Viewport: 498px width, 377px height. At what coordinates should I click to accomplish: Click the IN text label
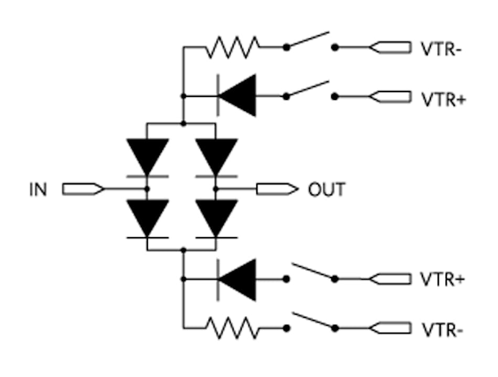point(38,189)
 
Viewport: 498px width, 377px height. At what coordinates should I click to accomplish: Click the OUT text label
point(327,189)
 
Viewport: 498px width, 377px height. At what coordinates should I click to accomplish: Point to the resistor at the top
point(232,47)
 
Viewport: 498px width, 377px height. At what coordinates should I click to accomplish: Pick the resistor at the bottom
point(232,328)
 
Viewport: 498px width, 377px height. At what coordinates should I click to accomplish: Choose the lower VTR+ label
point(443,279)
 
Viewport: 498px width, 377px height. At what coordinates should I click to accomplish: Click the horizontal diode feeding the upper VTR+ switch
point(237,96)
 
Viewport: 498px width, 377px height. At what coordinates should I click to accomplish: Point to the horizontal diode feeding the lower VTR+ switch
point(237,279)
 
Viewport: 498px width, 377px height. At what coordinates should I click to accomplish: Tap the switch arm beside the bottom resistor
point(312,321)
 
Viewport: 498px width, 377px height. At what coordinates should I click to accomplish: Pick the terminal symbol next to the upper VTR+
point(391,97)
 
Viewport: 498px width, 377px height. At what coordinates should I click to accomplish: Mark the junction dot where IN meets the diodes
point(147,188)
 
